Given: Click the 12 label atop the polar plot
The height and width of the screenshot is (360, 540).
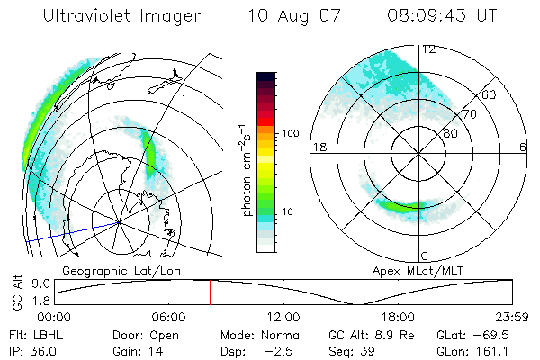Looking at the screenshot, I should pyautogui.click(x=428, y=49).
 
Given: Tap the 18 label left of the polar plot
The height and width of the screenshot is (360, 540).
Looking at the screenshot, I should pyautogui.click(x=318, y=147).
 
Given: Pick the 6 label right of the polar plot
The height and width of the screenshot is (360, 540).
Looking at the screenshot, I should pyautogui.click(x=524, y=147).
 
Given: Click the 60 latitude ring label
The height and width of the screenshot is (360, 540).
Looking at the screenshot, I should pyautogui.click(x=489, y=94).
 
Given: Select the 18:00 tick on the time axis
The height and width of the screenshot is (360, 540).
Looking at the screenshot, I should pyautogui.click(x=398, y=317).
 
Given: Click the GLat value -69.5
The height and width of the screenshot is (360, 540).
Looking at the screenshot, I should pyautogui.click(x=499, y=334).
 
